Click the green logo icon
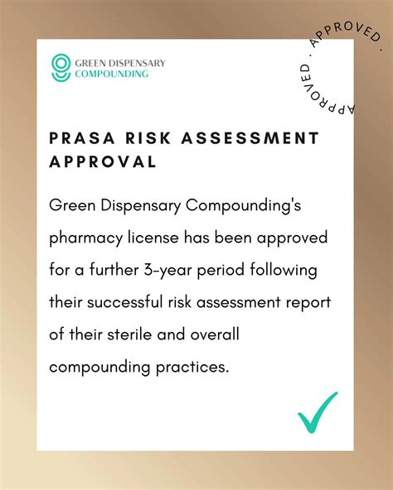pyautogui.click(x=61, y=67)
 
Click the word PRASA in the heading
pyautogui.click(x=82, y=138)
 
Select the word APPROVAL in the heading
pyautogui.click(x=103, y=161)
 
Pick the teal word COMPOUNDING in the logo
pyautogui.click(x=112, y=73)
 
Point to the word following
pyautogui.click(x=283, y=270)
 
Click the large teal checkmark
pyautogui.click(x=318, y=412)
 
